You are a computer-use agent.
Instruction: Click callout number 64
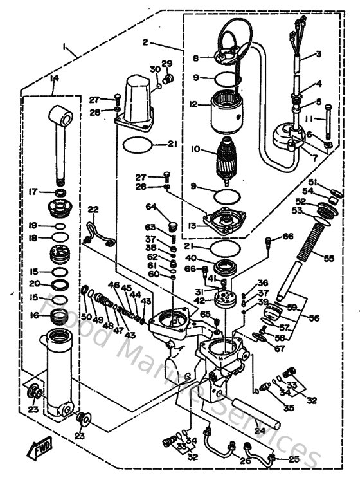[x=150, y=207]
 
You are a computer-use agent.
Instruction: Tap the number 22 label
[x=93, y=210]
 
